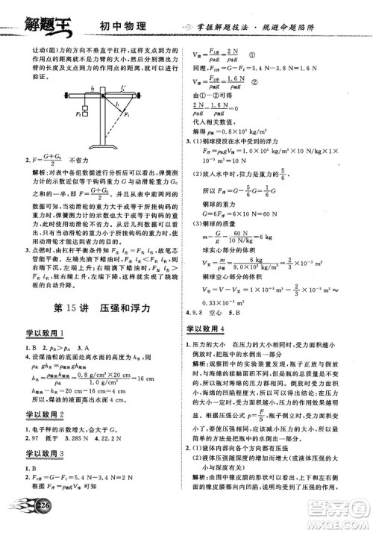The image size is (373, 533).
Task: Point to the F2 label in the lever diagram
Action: [76, 114]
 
